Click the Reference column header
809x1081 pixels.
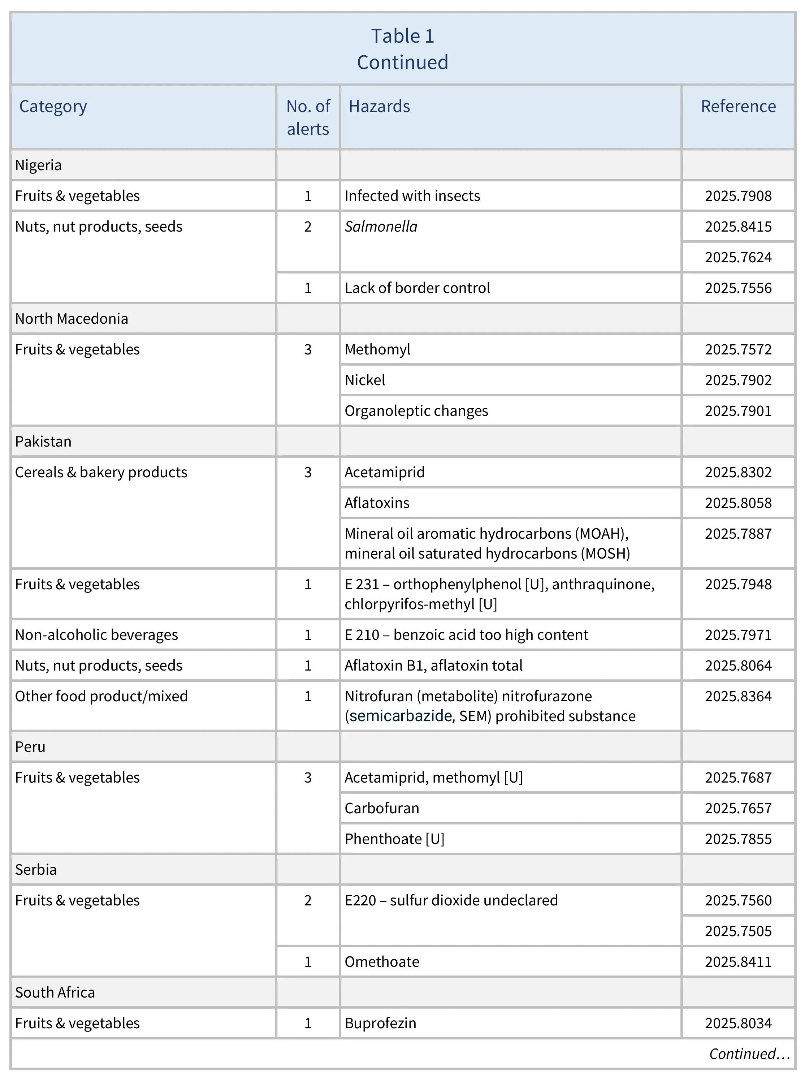point(738,107)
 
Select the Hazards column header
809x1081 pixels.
point(379,107)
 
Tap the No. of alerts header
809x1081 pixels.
point(308,118)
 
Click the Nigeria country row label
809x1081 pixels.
point(39,165)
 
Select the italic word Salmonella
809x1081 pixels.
point(381,227)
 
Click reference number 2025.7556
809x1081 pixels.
point(738,288)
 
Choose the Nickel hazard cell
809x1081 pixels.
point(364,380)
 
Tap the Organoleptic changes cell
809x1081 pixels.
point(416,411)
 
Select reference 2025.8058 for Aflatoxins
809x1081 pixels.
point(738,503)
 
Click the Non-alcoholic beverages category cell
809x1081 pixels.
point(97,635)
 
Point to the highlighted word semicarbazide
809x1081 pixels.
point(401,716)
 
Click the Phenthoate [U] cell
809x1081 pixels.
point(394,839)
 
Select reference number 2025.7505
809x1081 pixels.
point(738,931)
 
